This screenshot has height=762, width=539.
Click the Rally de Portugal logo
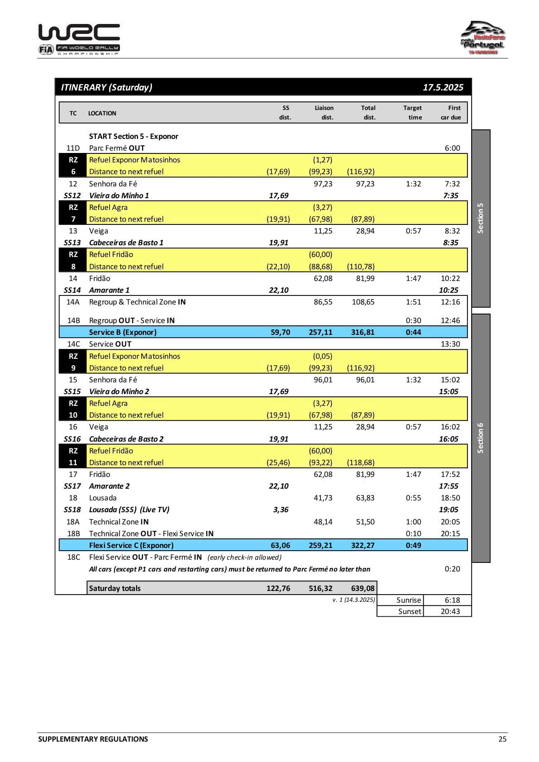pyautogui.click(x=482, y=38)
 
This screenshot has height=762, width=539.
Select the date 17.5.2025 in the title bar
pyautogui.click(x=443, y=87)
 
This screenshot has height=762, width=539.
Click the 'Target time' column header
pyautogui.click(x=412, y=113)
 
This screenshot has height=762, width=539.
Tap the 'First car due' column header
pyautogui.click(x=451, y=113)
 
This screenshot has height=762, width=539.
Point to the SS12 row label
pyautogui.click(x=72, y=195)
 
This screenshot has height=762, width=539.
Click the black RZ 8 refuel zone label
pyautogui.click(x=73, y=261)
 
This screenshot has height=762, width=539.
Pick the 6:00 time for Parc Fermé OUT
pyautogui.click(x=452, y=148)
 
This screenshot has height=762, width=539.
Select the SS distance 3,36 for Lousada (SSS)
pyautogui.click(x=281, y=510)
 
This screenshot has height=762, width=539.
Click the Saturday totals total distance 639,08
pyautogui.click(x=363, y=588)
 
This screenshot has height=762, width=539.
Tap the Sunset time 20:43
pyautogui.click(x=450, y=611)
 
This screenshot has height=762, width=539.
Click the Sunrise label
pyautogui.click(x=409, y=600)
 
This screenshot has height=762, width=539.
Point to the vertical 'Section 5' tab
pyautogui.click(x=481, y=218)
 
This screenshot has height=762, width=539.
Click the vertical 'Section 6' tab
pyautogui.click(x=481, y=438)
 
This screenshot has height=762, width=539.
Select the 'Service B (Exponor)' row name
pyautogui.click(x=123, y=332)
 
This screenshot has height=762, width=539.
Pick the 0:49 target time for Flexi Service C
pyautogui.click(x=413, y=545)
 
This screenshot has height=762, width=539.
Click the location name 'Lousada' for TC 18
pyautogui.click(x=103, y=498)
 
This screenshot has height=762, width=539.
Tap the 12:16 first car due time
pyautogui.click(x=450, y=302)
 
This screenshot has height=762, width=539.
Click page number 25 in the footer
pyautogui.click(x=502, y=739)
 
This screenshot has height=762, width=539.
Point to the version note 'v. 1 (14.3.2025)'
pyautogui.click(x=353, y=600)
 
